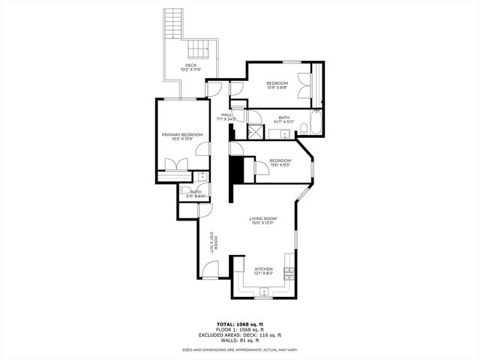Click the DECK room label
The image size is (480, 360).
coord(191,65)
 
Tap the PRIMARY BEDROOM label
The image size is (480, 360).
coord(182,134)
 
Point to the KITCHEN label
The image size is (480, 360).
coord(263,268)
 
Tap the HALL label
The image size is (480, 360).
coord(226,114)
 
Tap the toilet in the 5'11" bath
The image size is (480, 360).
coord(202,177)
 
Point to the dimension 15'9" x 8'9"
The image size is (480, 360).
coord(278,88)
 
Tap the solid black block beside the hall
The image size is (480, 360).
coord(238,170)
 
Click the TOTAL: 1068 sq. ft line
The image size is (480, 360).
coord(239,324)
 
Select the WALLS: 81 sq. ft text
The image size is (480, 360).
coord(239,340)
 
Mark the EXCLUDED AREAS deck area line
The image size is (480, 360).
coord(239,334)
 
